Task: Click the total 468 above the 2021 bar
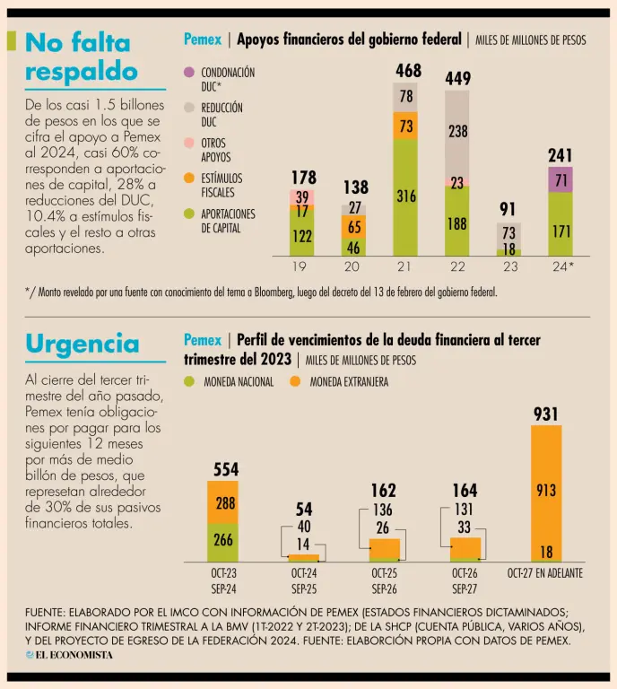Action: [x=407, y=70]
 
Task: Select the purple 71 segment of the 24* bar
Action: [x=561, y=179]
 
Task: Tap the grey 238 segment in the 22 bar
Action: [x=458, y=132]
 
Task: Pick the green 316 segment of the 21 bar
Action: [x=406, y=196]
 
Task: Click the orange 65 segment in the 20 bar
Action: [x=354, y=227]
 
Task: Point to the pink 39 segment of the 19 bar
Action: [x=302, y=196]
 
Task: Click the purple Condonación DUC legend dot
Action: [x=188, y=72]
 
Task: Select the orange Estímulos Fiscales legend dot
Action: [x=188, y=179]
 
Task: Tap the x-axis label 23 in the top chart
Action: [x=508, y=266]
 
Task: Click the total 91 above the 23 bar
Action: [x=508, y=210]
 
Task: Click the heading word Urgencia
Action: [x=83, y=344]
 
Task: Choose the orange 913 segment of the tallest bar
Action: [x=546, y=490]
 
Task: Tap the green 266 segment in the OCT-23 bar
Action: [x=222, y=541]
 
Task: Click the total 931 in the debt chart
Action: [x=546, y=414]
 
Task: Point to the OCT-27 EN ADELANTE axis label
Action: [x=546, y=572]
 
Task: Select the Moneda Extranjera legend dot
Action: [x=295, y=382]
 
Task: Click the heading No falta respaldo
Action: [x=82, y=57]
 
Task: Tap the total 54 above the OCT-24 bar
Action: [x=304, y=510]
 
